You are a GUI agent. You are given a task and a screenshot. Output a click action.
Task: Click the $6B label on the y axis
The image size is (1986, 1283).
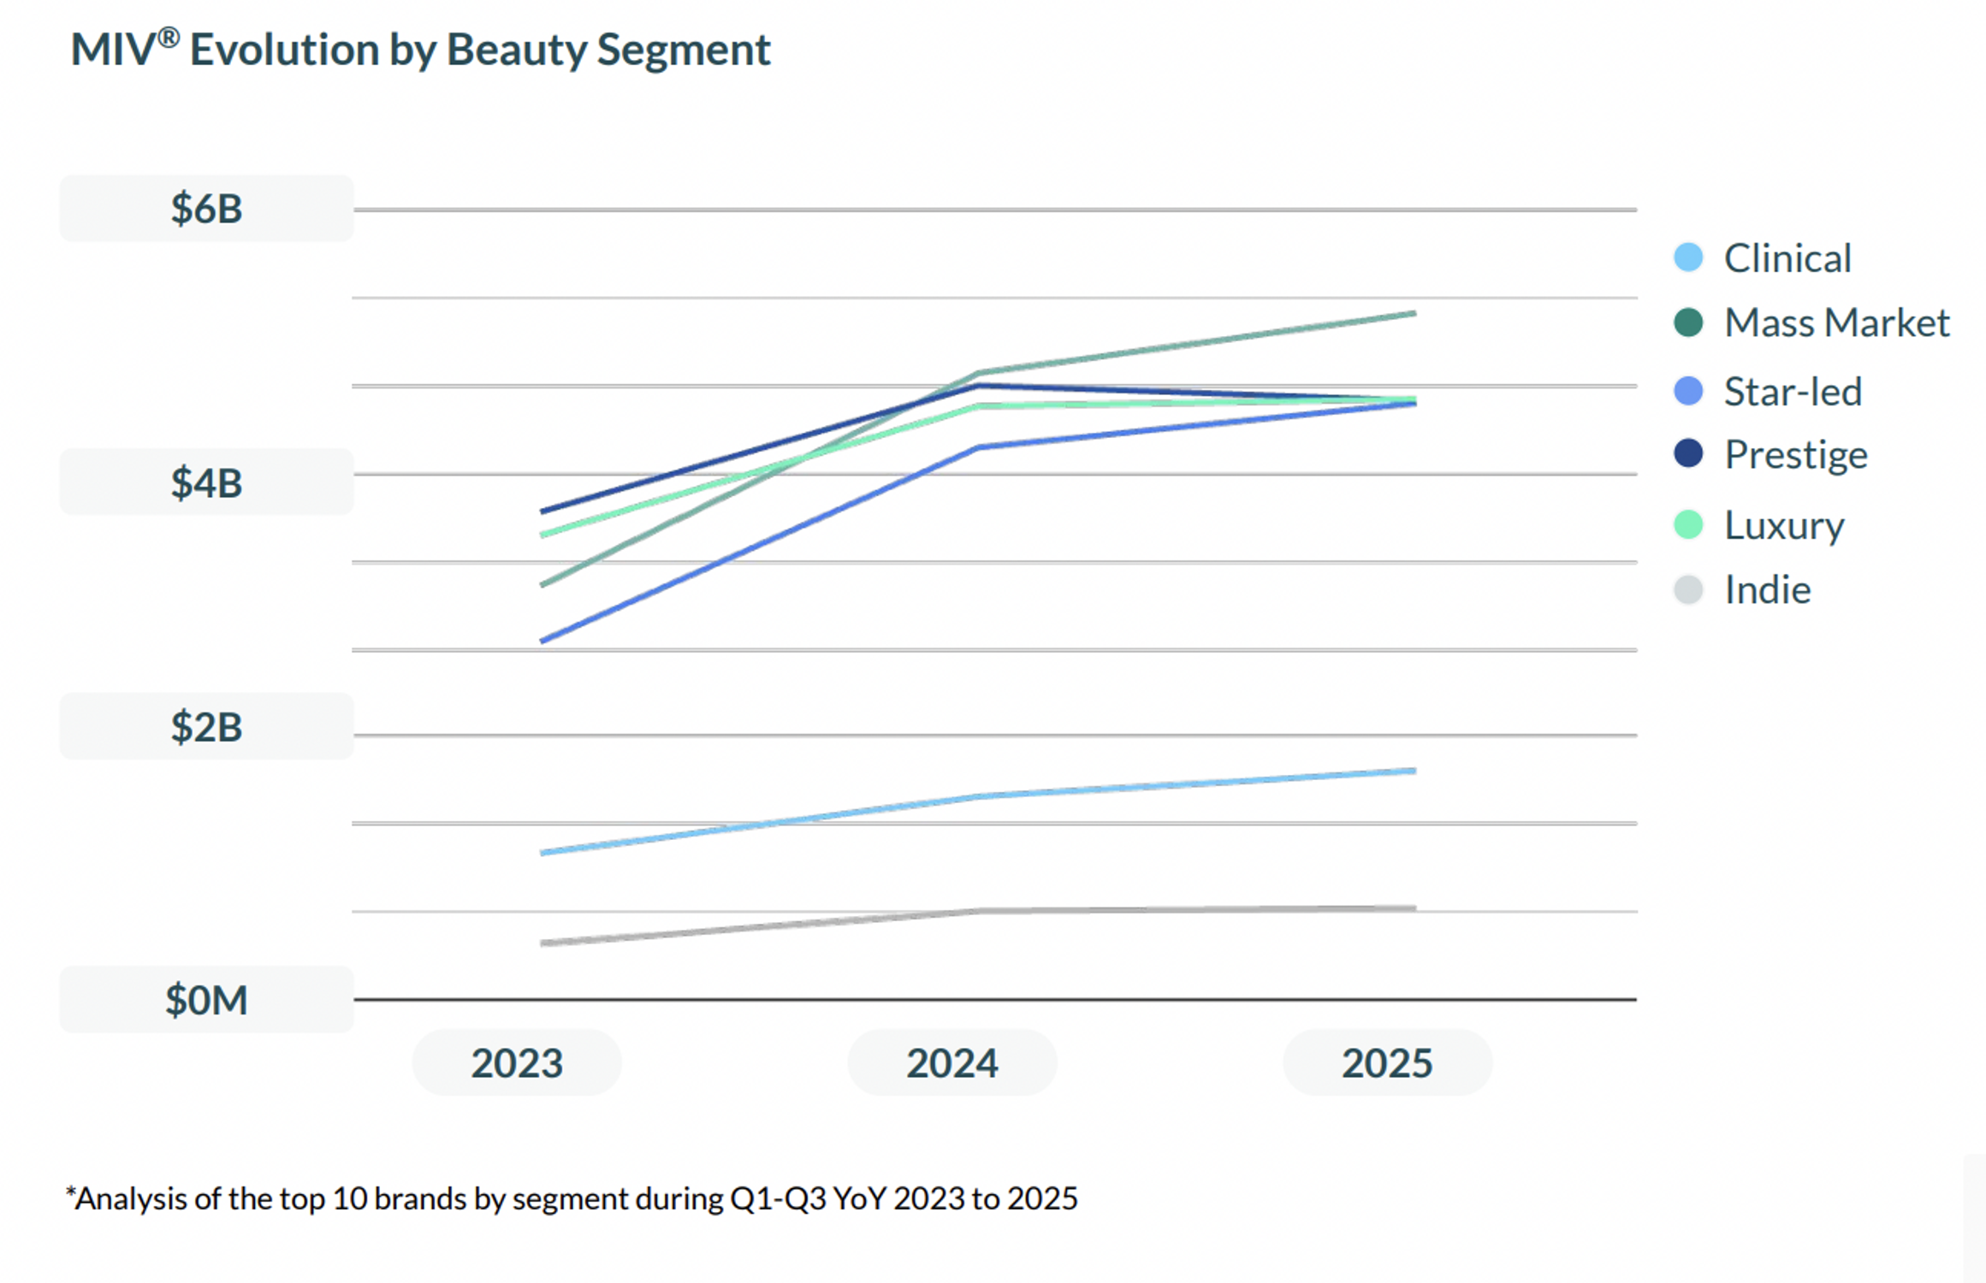pyautogui.click(x=206, y=209)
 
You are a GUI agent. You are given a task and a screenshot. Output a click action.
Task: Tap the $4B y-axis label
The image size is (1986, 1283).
pyautogui.click(x=206, y=482)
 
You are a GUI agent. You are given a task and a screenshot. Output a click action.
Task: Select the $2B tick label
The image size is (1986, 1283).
pyautogui.click(x=206, y=726)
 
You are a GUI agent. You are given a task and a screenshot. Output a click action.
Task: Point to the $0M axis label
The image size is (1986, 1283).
pyautogui.click(x=206, y=999)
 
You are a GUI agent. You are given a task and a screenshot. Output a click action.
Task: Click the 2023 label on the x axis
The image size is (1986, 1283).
pyautogui.click(x=517, y=1063)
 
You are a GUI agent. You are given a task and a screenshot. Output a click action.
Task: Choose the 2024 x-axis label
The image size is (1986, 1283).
pyautogui.click(x=952, y=1063)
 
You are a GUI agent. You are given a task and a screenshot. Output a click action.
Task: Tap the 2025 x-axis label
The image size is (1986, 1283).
pyautogui.click(x=1387, y=1063)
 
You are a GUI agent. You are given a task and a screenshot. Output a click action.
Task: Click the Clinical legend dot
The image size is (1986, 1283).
pyautogui.click(x=1688, y=257)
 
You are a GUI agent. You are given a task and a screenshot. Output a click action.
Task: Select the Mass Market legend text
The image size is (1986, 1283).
pyautogui.click(x=1836, y=323)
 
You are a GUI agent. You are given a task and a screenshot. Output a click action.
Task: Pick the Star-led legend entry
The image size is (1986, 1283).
pyautogui.click(x=1793, y=392)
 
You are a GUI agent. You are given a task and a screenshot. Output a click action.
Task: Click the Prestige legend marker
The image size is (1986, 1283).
pyautogui.click(x=1688, y=453)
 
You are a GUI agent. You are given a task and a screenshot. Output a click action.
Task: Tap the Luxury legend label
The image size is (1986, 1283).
pyautogui.click(x=1784, y=525)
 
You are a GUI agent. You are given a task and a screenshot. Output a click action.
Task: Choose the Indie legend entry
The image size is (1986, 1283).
pyautogui.click(x=1767, y=590)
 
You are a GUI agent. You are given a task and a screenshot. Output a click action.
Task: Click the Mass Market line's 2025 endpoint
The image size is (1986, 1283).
pyautogui.click(x=1414, y=314)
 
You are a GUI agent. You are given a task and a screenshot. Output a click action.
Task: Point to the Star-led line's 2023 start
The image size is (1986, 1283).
pyautogui.click(x=543, y=641)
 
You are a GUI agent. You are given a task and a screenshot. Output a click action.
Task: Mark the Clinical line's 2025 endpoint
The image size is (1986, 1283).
pyautogui.click(x=1414, y=771)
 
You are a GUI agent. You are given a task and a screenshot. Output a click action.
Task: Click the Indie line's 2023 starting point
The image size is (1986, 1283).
pyautogui.click(x=543, y=943)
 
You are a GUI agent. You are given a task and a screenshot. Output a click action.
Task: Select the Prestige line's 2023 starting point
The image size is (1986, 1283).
pyautogui.click(x=543, y=511)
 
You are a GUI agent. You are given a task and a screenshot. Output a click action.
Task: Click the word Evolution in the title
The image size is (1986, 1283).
pyautogui.click(x=284, y=50)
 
